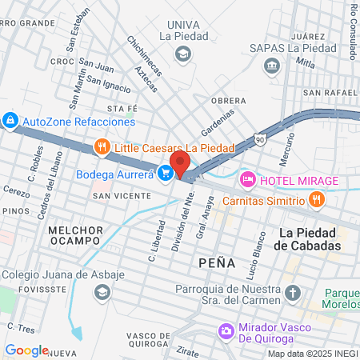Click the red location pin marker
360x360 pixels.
(x=181, y=163)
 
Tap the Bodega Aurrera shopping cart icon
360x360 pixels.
(x=166, y=173)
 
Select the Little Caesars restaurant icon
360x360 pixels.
(x=101, y=147)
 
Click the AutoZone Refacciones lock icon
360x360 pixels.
(x=10, y=122)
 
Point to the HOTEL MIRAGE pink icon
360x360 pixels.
(x=247, y=179)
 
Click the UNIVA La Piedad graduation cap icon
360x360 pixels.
(x=183, y=54)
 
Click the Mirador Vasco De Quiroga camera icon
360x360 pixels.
(x=226, y=330)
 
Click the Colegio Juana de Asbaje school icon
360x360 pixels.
(x=102, y=293)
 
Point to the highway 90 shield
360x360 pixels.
(x=259, y=139)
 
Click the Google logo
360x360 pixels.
(x=26, y=350)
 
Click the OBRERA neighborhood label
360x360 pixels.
(x=228, y=101)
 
